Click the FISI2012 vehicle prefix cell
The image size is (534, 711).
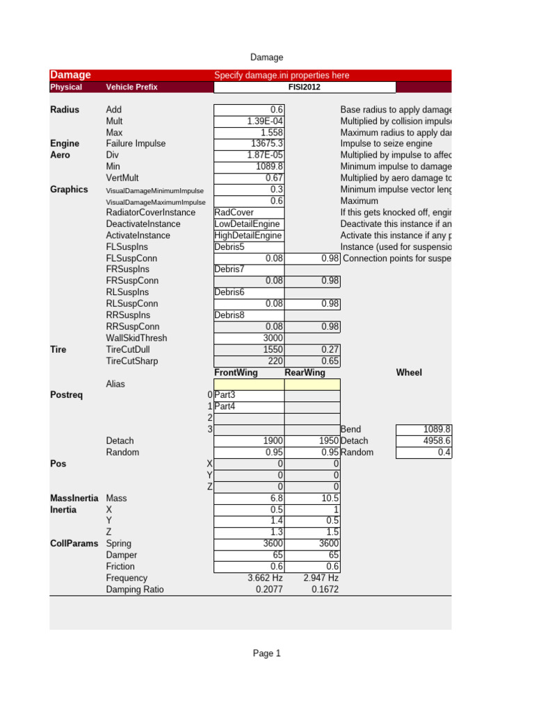click(305, 87)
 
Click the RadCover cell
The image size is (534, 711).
click(234, 212)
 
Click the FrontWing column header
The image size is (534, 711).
click(236, 373)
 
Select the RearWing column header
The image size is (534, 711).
click(306, 373)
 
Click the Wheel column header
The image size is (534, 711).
click(409, 373)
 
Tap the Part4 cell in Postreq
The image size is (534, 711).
click(225, 406)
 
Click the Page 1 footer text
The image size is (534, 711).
click(266, 653)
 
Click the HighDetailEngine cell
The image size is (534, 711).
click(248, 235)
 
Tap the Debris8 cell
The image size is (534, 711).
click(229, 315)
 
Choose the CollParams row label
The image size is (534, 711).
click(74, 544)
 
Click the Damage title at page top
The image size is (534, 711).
click(266, 58)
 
